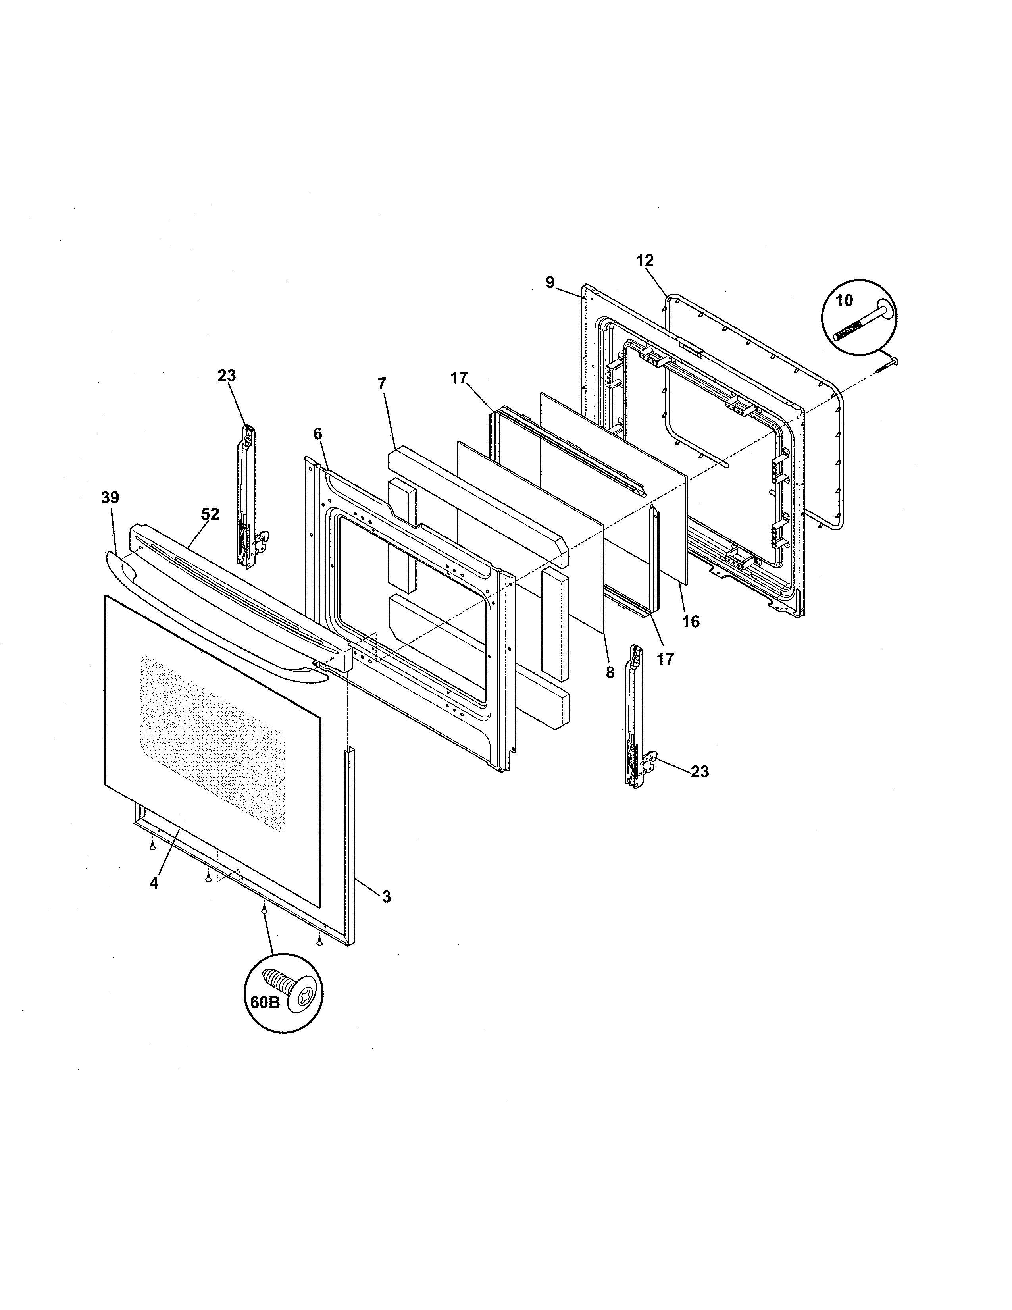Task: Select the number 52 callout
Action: tap(210, 514)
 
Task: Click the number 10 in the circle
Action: tap(844, 301)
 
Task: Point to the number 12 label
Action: tap(645, 261)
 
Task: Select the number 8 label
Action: tap(610, 673)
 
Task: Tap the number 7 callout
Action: tap(382, 383)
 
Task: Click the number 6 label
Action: tap(317, 433)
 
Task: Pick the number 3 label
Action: tap(386, 913)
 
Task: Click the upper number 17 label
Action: tap(459, 378)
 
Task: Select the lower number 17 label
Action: tap(665, 659)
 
